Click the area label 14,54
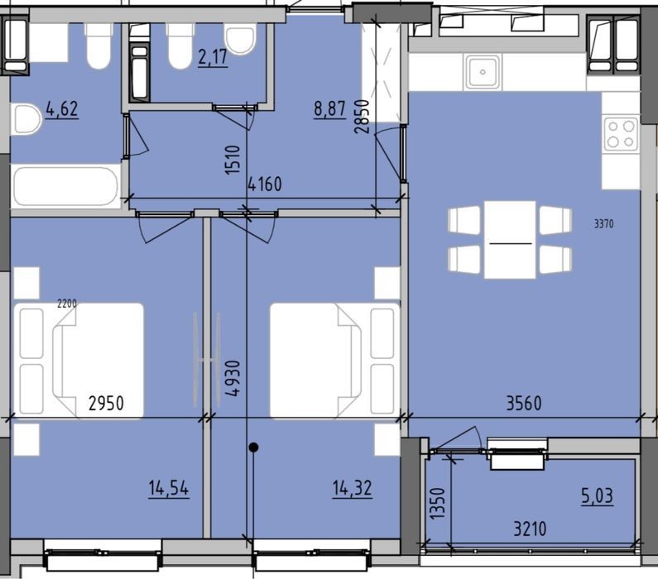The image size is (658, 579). tap(169, 489)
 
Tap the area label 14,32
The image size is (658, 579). tap(352, 488)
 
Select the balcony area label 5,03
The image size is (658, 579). tap(597, 496)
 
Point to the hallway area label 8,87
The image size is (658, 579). tap(330, 110)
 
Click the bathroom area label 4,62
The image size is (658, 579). tap(62, 109)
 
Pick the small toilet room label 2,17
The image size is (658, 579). tap(213, 57)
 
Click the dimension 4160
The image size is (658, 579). tap(264, 184)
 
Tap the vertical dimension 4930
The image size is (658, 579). tap(233, 378)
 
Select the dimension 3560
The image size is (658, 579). tap(524, 404)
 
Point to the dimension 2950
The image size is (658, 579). tap(106, 404)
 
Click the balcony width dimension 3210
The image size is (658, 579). tap(530, 529)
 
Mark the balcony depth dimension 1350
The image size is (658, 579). tap(437, 503)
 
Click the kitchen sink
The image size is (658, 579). tap(483, 72)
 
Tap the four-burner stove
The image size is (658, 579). tap(621, 134)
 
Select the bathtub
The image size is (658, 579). tap(66, 187)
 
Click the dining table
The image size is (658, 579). tap(510, 240)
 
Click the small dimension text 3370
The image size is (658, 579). tap(604, 224)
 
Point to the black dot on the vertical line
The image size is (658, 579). tap(253, 447)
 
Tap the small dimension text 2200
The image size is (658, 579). tap(67, 303)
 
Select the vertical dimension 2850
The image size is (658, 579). tap(362, 116)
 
